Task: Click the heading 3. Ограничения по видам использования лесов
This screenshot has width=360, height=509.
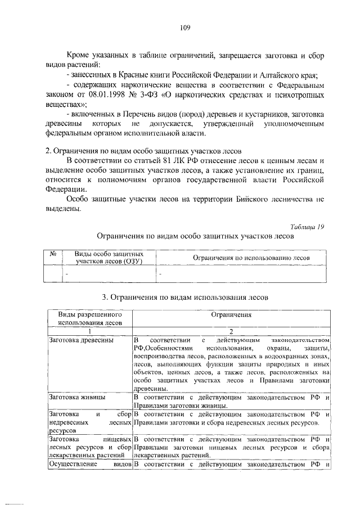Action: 185,296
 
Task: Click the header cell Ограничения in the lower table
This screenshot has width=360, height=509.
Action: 231,315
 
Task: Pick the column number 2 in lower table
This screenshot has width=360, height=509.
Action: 231,331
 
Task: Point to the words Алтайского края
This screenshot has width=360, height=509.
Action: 289,75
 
